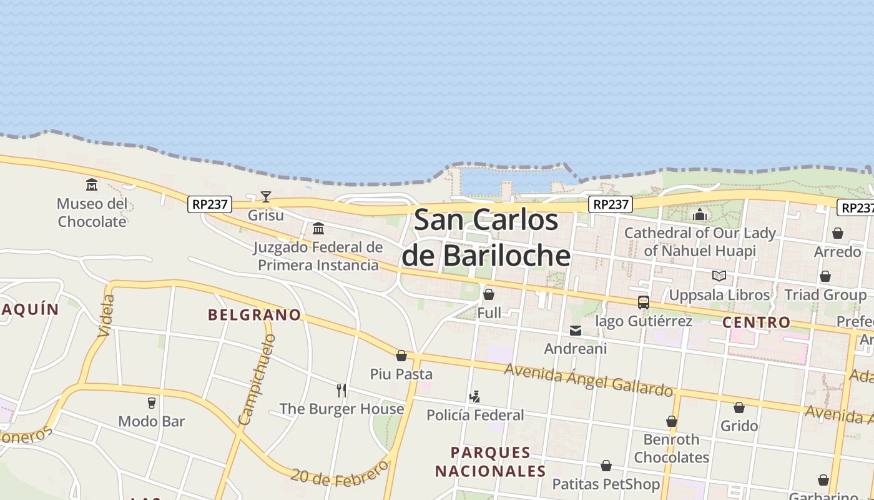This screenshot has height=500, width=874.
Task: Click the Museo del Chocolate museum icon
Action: click(92, 184)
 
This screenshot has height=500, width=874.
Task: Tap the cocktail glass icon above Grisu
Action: click(266, 197)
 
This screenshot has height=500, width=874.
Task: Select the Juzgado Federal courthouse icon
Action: click(318, 228)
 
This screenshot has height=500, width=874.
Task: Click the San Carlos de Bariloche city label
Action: click(486, 237)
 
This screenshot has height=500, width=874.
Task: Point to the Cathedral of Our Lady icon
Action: click(700, 214)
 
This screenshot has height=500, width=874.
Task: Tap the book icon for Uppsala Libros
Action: click(719, 276)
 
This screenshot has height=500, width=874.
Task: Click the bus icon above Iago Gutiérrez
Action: click(644, 302)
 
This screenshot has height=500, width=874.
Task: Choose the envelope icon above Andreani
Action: click(576, 330)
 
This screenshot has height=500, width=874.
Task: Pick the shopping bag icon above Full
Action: click(489, 294)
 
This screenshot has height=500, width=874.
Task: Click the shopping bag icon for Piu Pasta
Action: click(401, 356)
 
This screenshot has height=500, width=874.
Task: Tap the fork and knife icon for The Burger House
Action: click(341, 391)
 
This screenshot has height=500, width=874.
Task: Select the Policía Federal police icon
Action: click(475, 396)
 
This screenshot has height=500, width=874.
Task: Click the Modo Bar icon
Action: click(152, 403)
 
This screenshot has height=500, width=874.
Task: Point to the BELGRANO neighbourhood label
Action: click(255, 314)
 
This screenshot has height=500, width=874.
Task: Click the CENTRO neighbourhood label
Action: click(756, 322)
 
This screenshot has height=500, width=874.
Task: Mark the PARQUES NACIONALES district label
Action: click(490, 462)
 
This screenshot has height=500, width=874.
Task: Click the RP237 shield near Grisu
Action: click(210, 204)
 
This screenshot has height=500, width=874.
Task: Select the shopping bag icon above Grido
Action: click(739, 407)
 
